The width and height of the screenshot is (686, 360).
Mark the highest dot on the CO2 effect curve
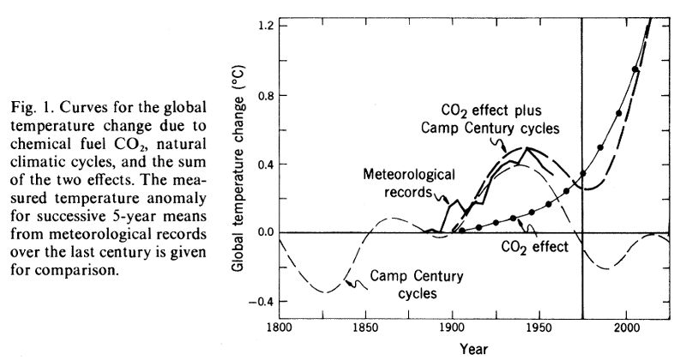(635, 69)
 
